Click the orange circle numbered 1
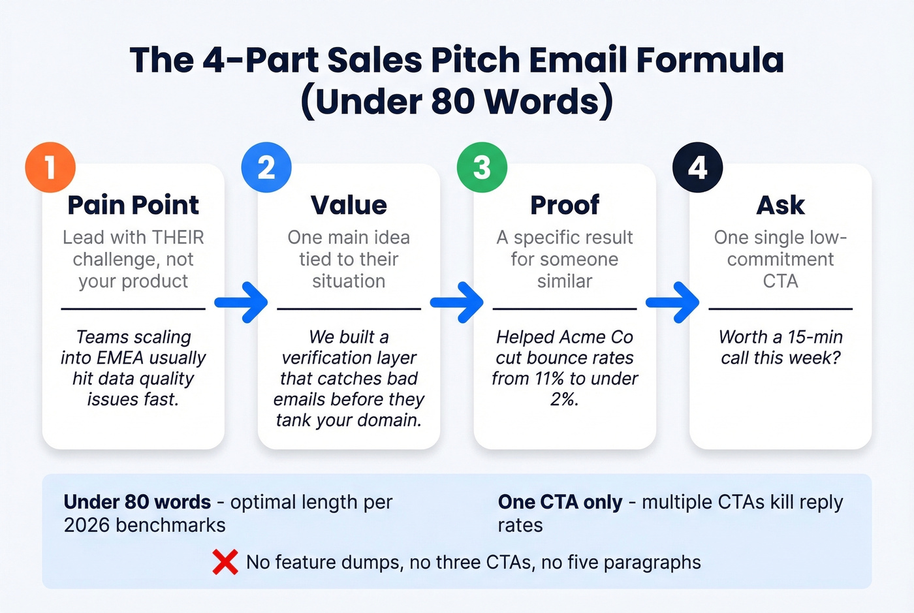tap(50, 167)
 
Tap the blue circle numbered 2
tap(266, 167)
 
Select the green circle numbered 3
tap(482, 167)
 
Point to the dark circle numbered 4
tap(697, 167)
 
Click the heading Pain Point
tap(133, 205)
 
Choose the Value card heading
tap(349, 205)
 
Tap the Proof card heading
tap(565, 205)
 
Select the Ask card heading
tap(780, 205)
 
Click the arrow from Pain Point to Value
tap(242, 302)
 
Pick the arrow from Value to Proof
tap(457, 302)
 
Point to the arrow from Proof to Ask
tap(672, 302)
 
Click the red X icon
tap(225, 562)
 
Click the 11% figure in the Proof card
tap(551, 379)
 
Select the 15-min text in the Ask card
tap(815, 337)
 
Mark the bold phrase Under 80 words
tap(137, 502)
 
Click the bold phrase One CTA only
tap(560, 502)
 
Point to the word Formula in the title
tap(710, 60)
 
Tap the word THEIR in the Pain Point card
tap(178, 237)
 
